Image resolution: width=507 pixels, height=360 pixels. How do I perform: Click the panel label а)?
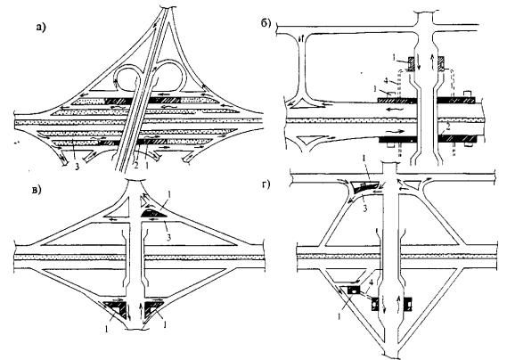(x=41, y=28)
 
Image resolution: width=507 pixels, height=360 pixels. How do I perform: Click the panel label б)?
(x=266, y=24)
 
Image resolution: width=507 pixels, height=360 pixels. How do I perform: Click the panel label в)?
(x=37, y=190)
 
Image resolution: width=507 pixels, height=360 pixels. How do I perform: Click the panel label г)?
(x=266, y=185)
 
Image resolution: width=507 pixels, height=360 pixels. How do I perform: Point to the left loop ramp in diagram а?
(x=127, y=78)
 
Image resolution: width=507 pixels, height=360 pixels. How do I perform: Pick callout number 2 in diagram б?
(x=447, y=127)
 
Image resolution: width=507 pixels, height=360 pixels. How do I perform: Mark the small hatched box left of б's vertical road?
(x=411, y=63)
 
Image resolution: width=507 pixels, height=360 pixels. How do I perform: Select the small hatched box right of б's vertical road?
(x=441, y=63)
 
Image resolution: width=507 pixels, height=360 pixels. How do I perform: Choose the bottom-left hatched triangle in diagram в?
(x=116, y=307)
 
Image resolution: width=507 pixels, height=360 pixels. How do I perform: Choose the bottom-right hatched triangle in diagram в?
(x=151, y=307)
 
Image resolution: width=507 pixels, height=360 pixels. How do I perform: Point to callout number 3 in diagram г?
(x=364, y=208)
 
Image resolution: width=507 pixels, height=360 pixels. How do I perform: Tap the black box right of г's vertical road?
(x=408, y=304)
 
